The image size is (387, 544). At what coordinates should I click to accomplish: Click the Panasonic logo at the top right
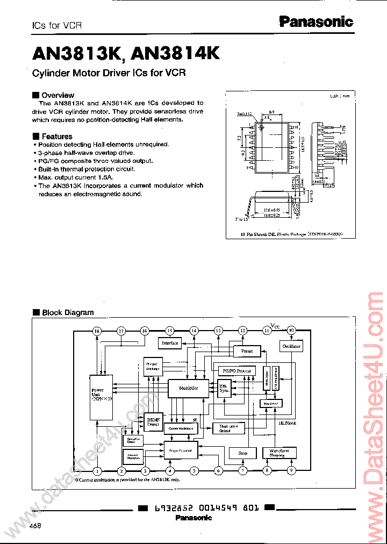coord(316,22)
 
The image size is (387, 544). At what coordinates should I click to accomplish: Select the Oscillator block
coord(291,346)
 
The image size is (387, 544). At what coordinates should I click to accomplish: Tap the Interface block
coord(170,342)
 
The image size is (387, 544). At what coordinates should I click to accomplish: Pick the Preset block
coord(247,351)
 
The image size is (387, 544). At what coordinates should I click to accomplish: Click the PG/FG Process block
coord(236,371)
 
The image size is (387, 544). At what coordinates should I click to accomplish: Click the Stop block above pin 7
coord(242,453)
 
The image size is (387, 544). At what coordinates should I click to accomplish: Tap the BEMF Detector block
coord(152,421)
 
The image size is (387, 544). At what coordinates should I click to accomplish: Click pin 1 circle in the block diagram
coord(97,471)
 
